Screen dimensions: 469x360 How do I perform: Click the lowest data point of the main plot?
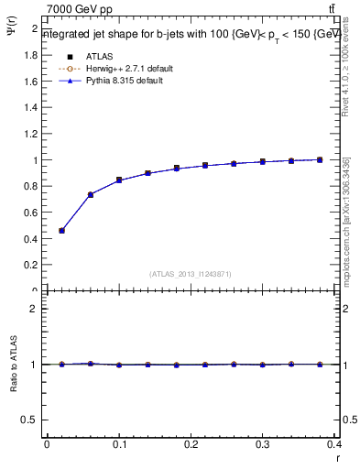coord(61,231)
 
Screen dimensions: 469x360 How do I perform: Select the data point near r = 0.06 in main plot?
coord(90,194)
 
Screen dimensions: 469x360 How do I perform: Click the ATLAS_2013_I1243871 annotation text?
coord(191,274)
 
